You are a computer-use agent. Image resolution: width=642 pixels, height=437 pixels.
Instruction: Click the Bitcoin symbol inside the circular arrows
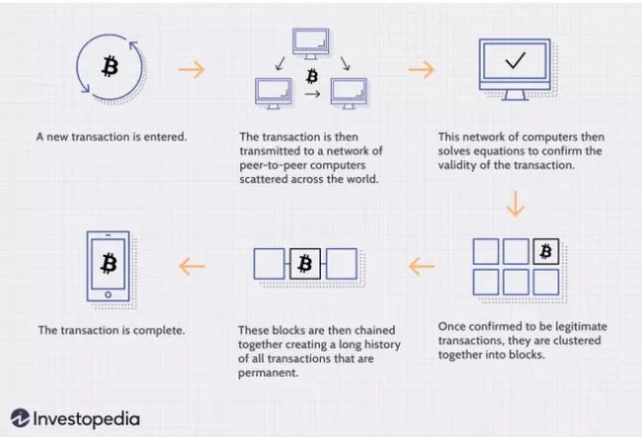point(107,66)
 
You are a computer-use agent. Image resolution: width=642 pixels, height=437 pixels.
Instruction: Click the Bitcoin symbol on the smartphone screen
point(109,262)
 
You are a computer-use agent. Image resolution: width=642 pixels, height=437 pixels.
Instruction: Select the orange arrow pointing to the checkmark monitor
point(421,70)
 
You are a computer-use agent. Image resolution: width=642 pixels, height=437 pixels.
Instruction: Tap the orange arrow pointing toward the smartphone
point(192,264)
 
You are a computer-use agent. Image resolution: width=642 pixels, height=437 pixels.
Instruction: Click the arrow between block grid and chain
point(421,264)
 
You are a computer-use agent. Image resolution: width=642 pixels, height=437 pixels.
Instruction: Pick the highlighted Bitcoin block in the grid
point(546,251)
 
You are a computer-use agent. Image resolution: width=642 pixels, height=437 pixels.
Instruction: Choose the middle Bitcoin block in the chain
point(305,263)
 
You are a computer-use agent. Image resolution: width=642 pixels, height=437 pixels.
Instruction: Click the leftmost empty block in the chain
point(270,263)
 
